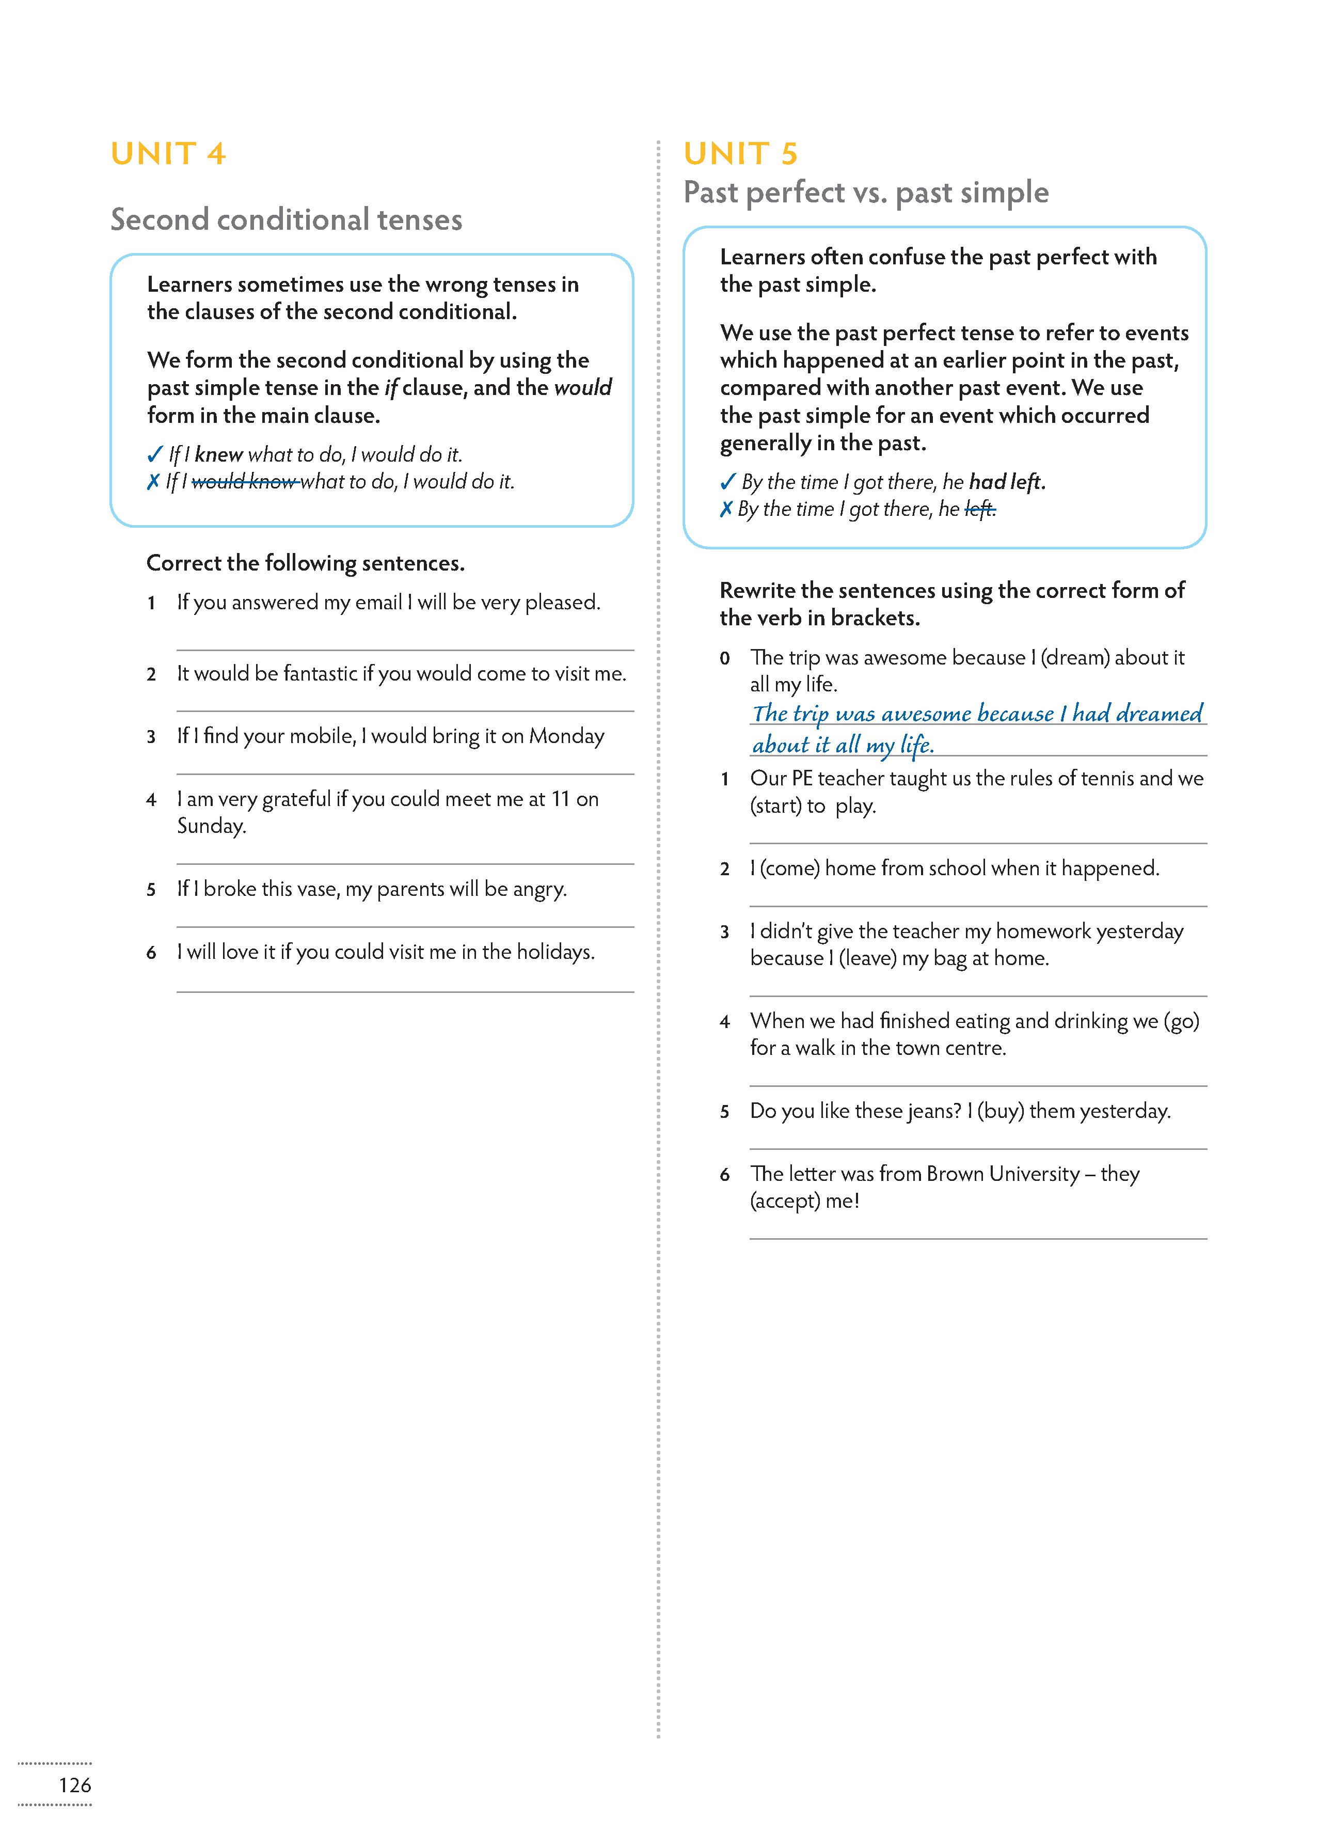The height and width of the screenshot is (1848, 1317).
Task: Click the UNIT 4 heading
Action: [x=168, y=153]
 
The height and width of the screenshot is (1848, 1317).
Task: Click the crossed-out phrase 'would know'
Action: [x=244, y=482]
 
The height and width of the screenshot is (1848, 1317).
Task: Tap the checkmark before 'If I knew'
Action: [x=154, y=455]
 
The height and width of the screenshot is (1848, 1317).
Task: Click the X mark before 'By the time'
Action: [x=726, y=509]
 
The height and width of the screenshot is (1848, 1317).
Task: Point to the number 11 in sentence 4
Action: [x=560, y=799]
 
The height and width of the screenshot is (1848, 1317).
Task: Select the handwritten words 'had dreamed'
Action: [x=1137, y=714]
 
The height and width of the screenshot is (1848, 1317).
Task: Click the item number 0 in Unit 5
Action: [x=724, y=658]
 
